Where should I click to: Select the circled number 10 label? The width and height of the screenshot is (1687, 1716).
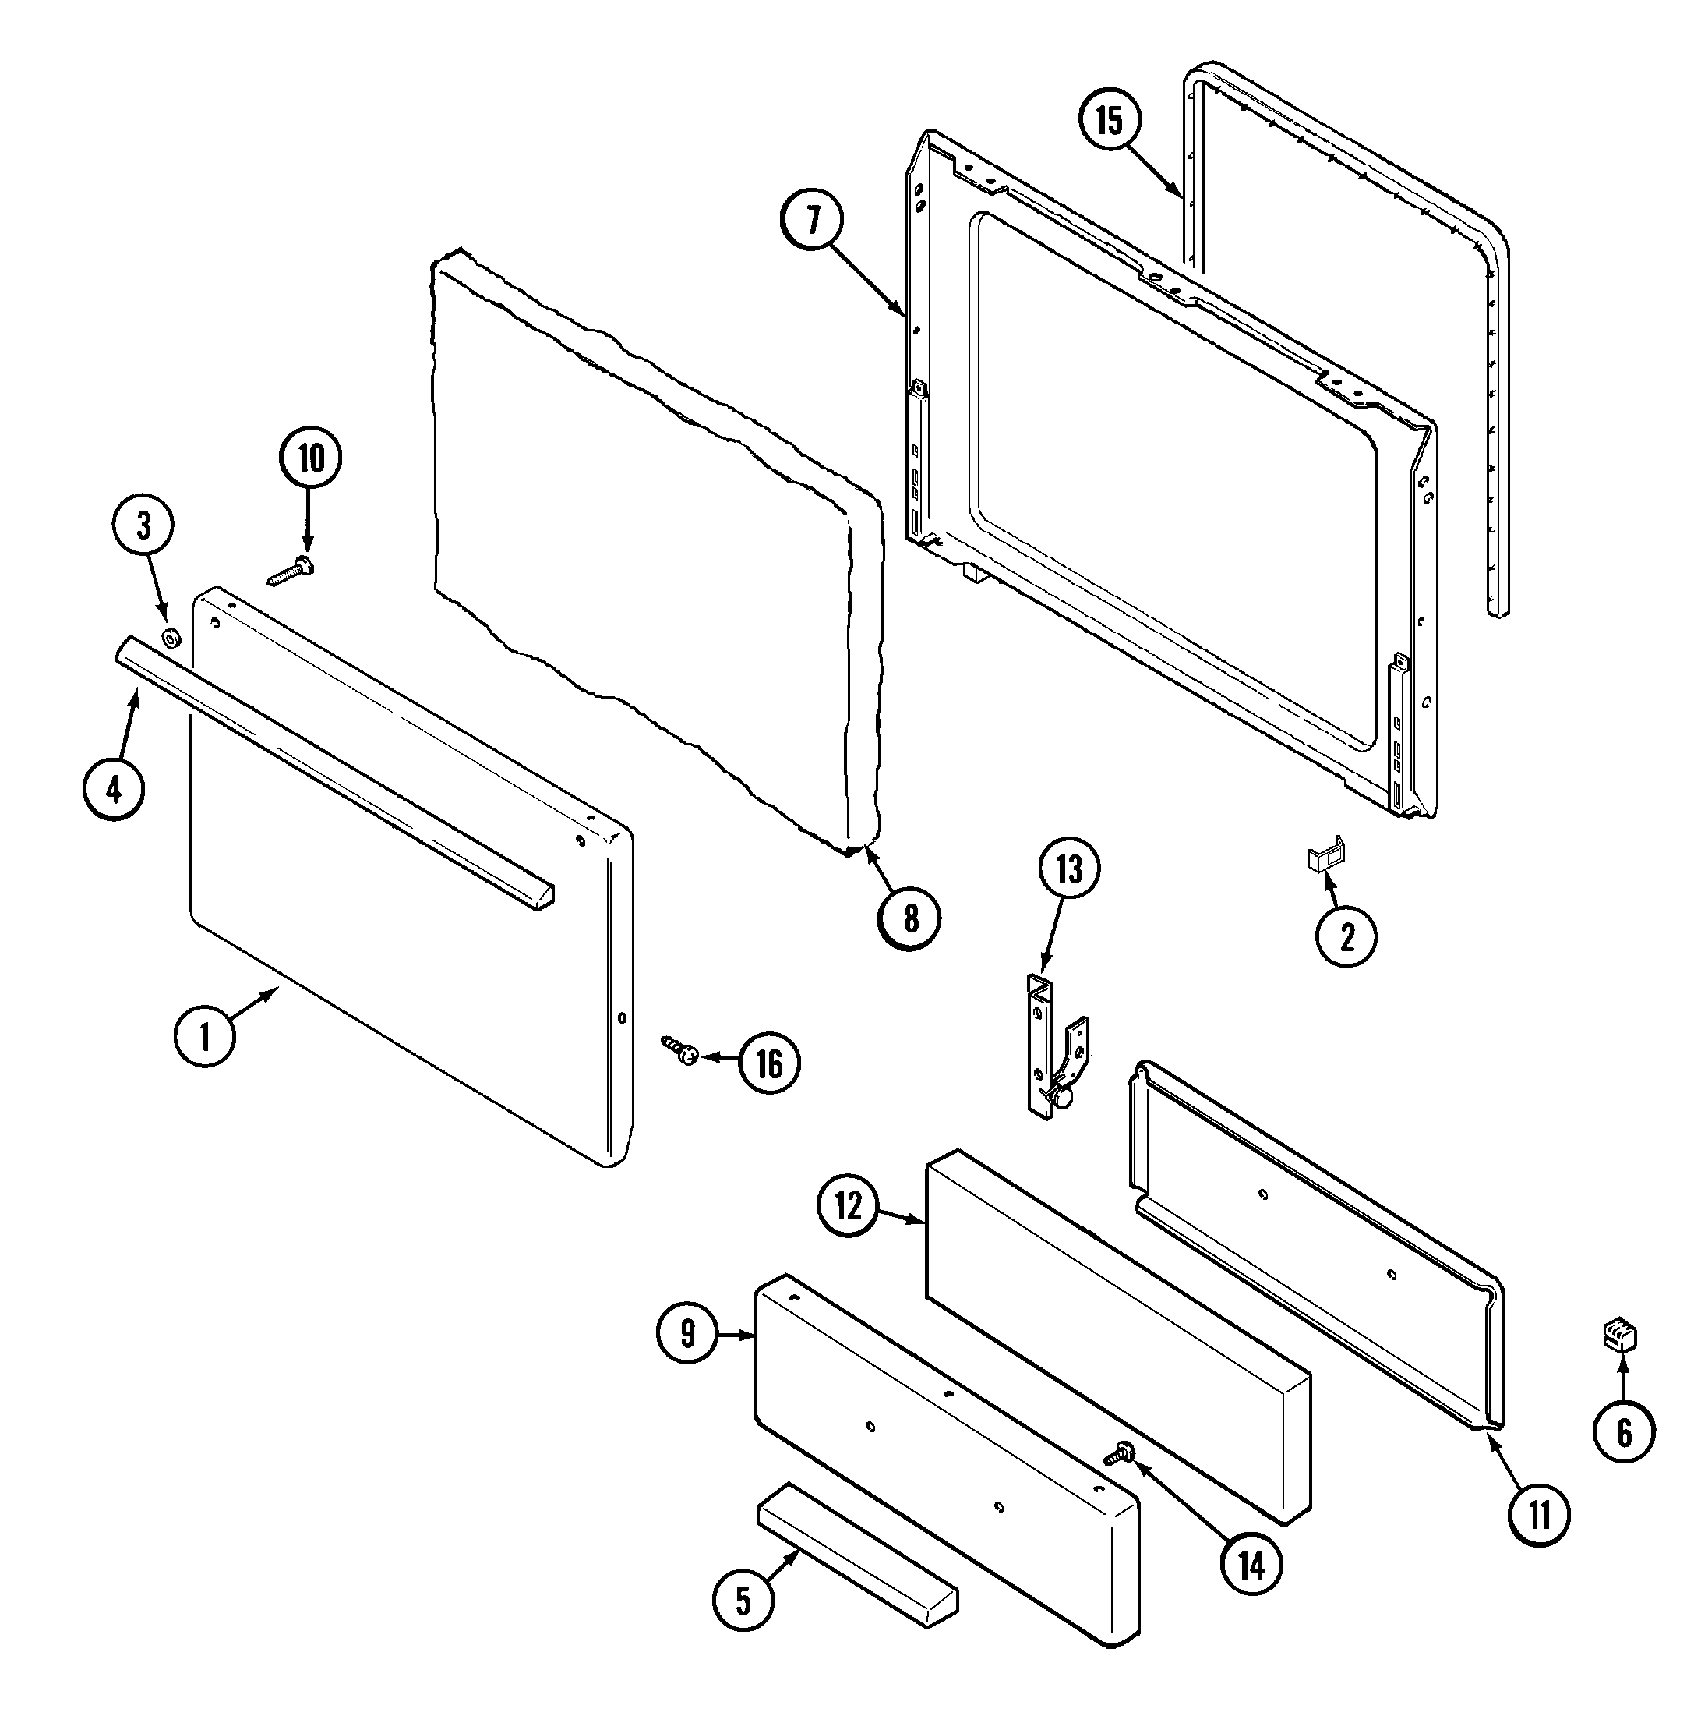click(x=310, y=458)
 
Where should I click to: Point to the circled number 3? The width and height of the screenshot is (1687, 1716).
click(x=143, y=526)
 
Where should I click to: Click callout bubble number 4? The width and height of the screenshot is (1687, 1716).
click(x=115, y=789)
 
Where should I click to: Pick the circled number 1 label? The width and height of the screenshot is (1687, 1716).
click(x=205, y=1035)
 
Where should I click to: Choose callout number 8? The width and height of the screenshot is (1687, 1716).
click(x=909, y=919)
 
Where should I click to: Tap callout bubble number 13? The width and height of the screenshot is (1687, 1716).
click(x=1068, y=869)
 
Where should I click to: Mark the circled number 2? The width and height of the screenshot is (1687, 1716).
click(x=1346, y=936)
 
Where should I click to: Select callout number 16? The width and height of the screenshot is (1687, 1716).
click(x=769, y=1063)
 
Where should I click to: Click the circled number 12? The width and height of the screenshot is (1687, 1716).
click(x=848, y=1206)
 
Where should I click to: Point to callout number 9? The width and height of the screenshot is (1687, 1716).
click(x=687, y=1335)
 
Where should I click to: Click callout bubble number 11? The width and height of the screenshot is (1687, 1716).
click(x=1539, y=1516)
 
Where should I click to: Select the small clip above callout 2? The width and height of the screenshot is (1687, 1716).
click(x=1326, y=854)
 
